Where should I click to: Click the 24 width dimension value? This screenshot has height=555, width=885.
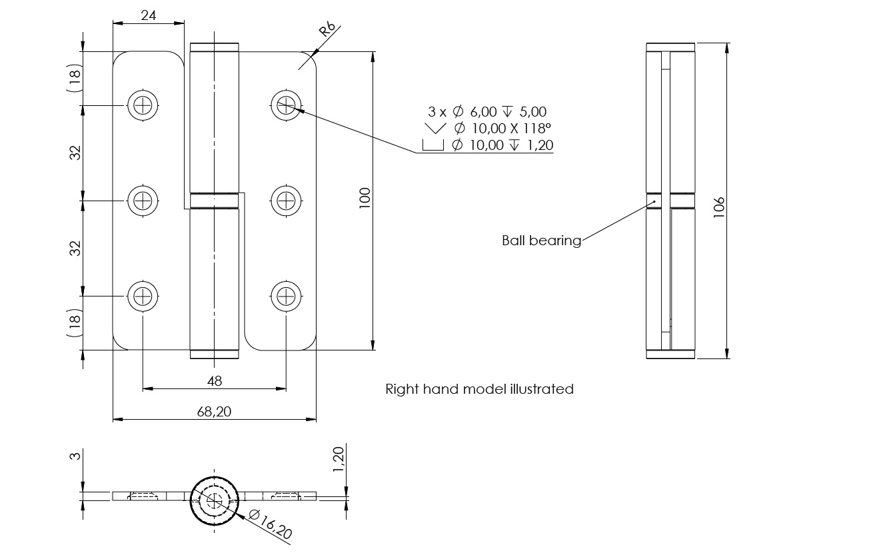[149, 15]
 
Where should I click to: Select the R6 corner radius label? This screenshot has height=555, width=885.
[327, 31]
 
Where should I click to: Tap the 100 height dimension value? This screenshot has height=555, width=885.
[365, 199]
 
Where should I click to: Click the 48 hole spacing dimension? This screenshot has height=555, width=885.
[215, 380]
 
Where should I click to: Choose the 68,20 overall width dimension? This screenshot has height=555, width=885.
[215, 412]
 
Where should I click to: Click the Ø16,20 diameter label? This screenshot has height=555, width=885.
[270, 524]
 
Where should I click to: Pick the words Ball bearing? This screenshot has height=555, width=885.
[541, 241]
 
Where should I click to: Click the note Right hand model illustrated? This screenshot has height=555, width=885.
[479, 388]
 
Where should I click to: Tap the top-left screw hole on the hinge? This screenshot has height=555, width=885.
[143, 105]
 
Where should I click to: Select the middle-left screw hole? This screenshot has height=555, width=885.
[143, 200]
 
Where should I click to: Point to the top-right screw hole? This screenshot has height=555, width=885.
[287, 105]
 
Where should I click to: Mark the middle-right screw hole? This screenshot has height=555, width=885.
[287, 200]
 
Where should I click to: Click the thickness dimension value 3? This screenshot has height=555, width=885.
[75, 456]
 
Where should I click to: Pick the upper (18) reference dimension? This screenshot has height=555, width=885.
[75, 80]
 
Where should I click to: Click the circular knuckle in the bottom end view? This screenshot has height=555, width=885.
[215, 500]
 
